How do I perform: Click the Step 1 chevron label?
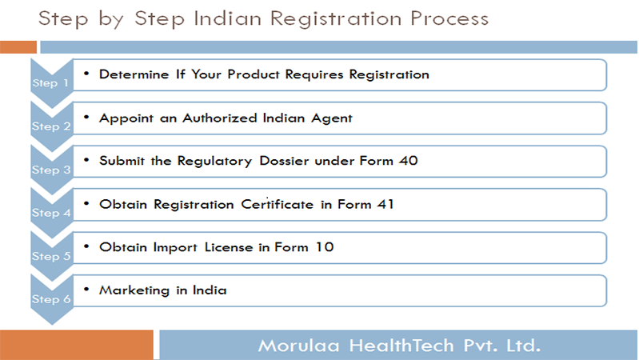(x=50, y=83)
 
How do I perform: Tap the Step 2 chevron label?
(x=51, y=126)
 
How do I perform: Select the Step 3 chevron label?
(x=51, y=170)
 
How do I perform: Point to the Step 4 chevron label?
(x=51, y=213)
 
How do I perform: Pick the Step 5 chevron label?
(x=51, y=256)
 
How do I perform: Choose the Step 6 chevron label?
(x=51, y=299)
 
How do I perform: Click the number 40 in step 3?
(x=409, y=161)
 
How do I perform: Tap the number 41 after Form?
(x=385, y=204)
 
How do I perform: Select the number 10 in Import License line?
(x=325, y=247)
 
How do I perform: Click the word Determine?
(x=134, y=74)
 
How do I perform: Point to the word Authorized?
(x=220, y=118)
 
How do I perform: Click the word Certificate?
(x=278, y=204)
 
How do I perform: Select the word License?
(x=229, y=247)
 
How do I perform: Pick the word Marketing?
(x=134, y=290)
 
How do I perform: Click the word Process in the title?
(x=449, y=18)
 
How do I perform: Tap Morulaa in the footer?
(x=299, y=346)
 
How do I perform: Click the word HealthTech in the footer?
(x=401, y=346)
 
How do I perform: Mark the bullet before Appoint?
(x=86, y=118)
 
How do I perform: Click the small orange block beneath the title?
(x=18, y=47)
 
